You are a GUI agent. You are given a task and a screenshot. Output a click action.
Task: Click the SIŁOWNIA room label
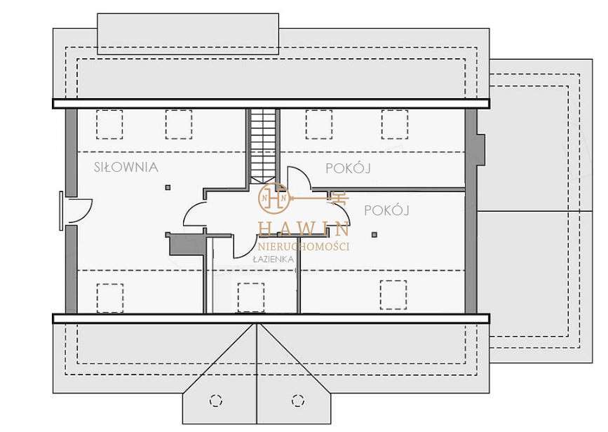coord(126,167)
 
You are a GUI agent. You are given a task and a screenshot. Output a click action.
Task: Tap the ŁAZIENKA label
coord(273,259)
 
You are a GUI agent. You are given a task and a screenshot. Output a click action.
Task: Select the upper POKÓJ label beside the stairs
coord(348,168)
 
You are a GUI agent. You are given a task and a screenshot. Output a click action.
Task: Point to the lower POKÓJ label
coord(386,210)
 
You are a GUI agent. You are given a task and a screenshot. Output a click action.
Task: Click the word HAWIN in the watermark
coord(304,229)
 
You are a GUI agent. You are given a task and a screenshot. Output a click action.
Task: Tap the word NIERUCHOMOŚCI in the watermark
coord(304,246)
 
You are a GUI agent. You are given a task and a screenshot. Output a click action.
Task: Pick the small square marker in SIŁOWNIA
coord(168,187)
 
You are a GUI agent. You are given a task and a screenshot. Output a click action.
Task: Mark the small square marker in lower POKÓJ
coord(374,234)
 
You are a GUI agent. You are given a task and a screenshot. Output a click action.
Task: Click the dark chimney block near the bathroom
coord(185,244)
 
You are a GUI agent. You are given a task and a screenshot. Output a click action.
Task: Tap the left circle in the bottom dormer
coord(215,400)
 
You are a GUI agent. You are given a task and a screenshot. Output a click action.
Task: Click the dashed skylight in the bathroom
coord(250,296)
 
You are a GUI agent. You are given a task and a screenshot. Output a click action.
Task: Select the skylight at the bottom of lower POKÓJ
coord(393,294)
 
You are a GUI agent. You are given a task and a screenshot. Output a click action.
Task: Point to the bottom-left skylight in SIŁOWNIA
coord(110,297)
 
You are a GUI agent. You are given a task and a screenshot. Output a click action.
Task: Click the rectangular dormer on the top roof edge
coord(187,34)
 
